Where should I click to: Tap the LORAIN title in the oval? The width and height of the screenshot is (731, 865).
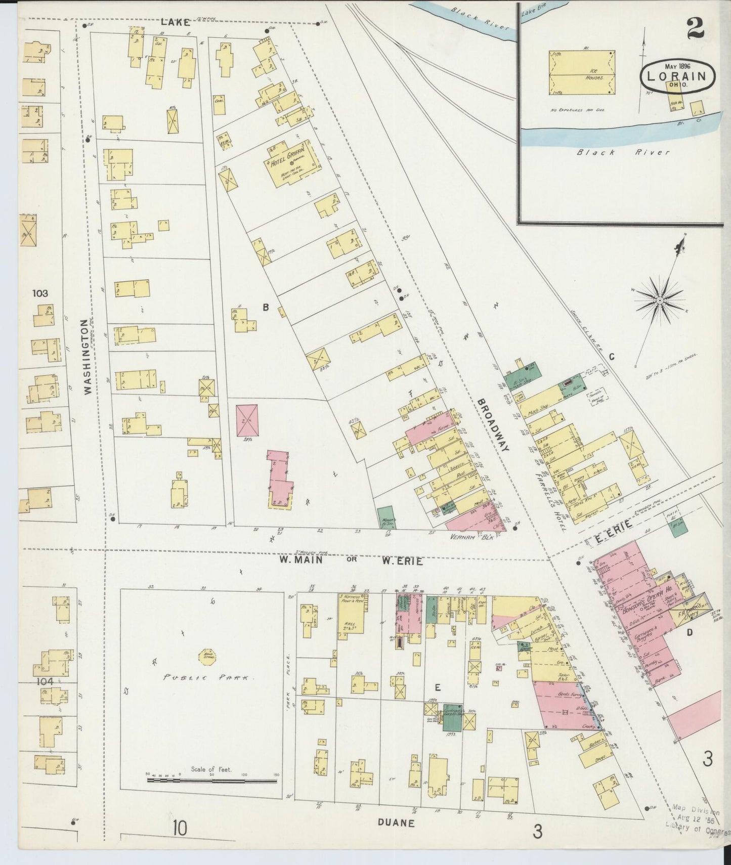[677, 77]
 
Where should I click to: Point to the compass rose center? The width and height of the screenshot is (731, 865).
[660, 300]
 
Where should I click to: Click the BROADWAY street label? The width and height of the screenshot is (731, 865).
[493, 424]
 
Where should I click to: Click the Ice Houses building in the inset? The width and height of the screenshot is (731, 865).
[582, 72]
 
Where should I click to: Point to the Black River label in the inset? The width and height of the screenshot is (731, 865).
[623, 152]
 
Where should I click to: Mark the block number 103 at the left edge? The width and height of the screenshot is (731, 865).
[40, 293]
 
